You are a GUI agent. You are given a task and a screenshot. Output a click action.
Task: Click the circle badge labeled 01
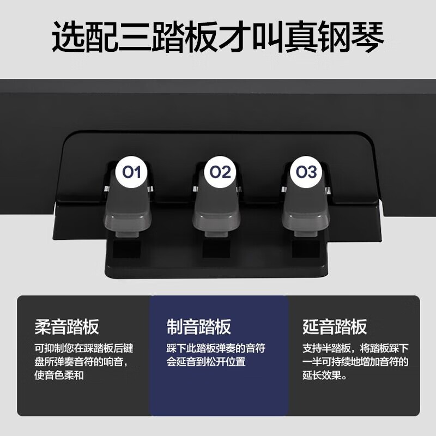point(132,173)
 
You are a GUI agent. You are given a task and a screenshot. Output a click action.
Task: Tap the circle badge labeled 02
point(221,173)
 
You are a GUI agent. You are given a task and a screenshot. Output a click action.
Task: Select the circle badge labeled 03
point(306,173)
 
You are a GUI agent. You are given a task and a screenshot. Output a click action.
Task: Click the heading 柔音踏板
point(66,327)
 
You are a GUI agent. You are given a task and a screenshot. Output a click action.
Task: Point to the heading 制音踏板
point(199,327)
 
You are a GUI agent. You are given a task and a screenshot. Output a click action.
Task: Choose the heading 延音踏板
point(335,327)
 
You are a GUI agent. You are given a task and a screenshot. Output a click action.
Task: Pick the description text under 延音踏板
point(355,361)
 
